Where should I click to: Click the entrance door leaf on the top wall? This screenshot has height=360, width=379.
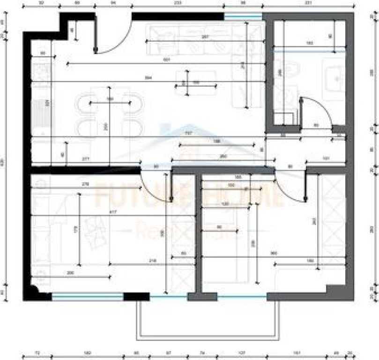[96, 33]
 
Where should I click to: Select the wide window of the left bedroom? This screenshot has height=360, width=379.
[87, 296]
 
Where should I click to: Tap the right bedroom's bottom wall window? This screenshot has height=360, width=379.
[242, 296]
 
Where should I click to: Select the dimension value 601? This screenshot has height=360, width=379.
[166, 60]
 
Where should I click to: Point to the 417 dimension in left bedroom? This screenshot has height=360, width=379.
[113, 212]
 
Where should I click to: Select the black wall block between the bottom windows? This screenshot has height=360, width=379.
[136, 296]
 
